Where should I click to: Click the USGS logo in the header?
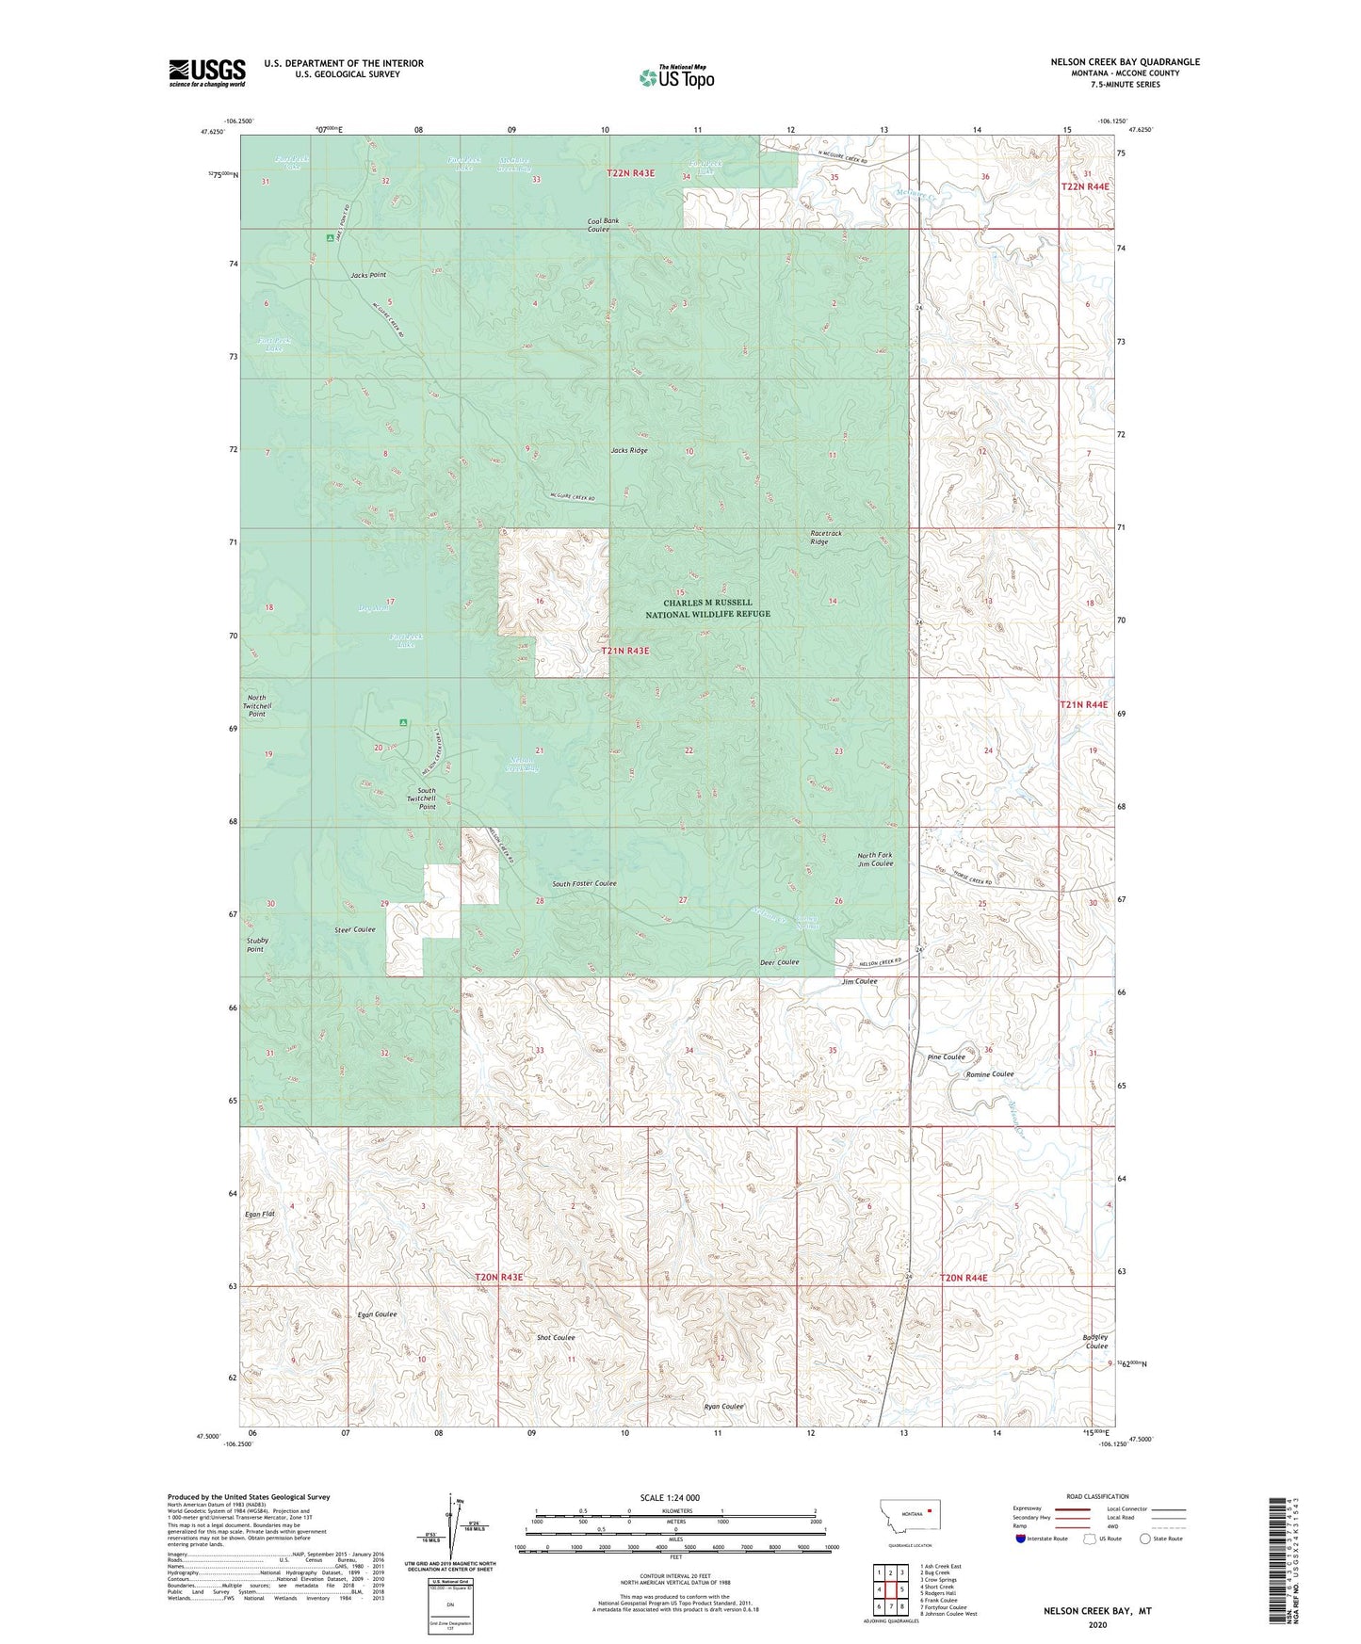[x=207, y=73]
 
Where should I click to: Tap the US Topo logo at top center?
[x=676, y=77]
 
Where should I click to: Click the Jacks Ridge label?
[x=629, y=451]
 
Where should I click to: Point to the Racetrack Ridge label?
[x=826, y=538]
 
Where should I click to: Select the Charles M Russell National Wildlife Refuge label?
[x=707, y=608]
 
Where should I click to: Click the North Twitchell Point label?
[x=257, y=706]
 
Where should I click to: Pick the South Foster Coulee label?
[x=584, y=883]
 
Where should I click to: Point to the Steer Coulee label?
[x=355, y=930]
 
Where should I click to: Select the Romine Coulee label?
[x=989, y=1074]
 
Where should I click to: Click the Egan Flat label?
[x=259, y=1215]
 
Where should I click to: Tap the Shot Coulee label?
[x=556, y=1337]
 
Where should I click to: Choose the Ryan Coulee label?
[x=724, y=1407]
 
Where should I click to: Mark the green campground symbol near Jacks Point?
[x=329, y=238]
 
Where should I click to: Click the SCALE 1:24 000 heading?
[x=670, y=1497]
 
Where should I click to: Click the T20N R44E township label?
[x=964, y=1278]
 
